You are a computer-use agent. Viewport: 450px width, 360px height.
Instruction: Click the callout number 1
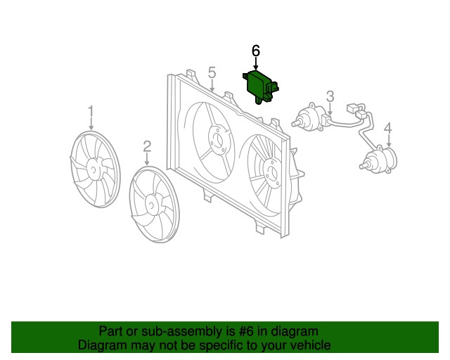coord(91,111)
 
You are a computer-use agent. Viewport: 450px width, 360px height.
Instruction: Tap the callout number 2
coord(147,146)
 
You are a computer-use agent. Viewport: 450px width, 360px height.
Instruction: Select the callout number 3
coord(330,96)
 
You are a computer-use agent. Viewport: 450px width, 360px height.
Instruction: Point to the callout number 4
coord(387,128)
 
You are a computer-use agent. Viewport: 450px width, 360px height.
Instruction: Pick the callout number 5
coord(212,72)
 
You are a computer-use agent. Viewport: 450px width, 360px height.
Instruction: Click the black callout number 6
coord(255,51)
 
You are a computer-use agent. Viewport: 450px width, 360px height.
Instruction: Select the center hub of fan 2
coord(150,205)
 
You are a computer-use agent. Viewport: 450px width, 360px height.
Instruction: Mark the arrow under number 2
coord(147,159)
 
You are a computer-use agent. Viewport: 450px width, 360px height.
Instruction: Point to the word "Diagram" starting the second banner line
coord(101,345)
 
